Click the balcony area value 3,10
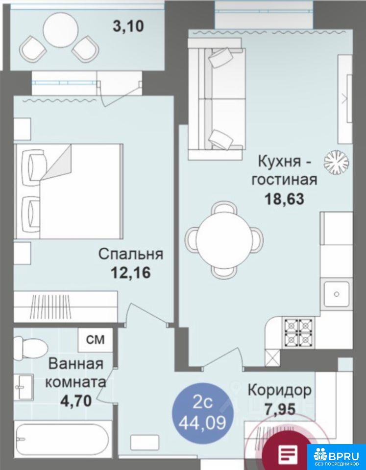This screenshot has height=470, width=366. pos(128,26)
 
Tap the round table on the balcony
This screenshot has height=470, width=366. pos(60,30)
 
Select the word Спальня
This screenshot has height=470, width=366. pos(131,255)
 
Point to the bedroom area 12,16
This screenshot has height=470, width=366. pos(131,273)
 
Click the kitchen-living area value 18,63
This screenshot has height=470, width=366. pos(284,198)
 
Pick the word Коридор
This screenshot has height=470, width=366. pos(279,391)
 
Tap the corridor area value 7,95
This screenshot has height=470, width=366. pos(280,409)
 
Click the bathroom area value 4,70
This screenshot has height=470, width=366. pos(76,401)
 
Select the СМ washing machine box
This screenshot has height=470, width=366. pos(96,340)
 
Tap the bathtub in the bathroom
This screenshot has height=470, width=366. pos(62,440)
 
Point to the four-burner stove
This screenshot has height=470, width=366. pos(298,331)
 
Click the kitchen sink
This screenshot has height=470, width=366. pos(336,294)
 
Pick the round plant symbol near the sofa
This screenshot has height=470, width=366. pos(336,162)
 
